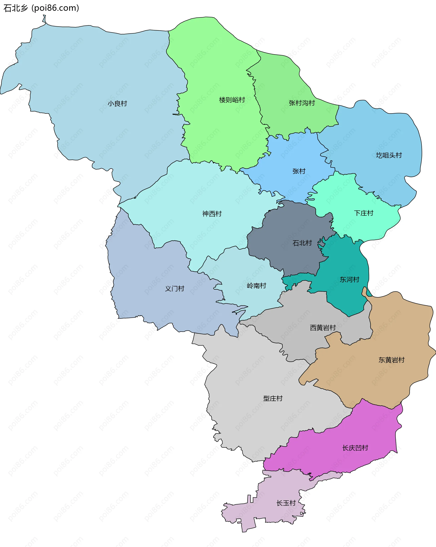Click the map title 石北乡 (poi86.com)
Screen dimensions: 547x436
tap(41, 8)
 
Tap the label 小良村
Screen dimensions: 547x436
tap(117, 103)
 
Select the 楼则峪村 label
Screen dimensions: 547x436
tap(232, 100)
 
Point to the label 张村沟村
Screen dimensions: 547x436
tap(302, 103)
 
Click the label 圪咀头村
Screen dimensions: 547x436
tap(389, 155)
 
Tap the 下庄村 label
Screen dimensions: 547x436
tap(363, 213)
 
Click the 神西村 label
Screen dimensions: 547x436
tap(212, 214)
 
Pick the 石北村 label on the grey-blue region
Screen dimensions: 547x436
tap(302, 243)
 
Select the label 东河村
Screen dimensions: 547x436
tap(349, 279)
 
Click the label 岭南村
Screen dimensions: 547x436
tap(256, 286)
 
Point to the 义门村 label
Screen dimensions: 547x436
tap(175, 288)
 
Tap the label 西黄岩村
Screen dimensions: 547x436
tap(323, 328)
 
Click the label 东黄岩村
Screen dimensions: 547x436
tap(391, 360)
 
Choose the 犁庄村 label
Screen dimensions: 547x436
tap(273, 398)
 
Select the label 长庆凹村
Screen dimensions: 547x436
tap(355, 448)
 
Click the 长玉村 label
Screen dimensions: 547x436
tap(286, 503)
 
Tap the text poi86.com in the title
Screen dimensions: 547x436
tap(55, 8)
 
